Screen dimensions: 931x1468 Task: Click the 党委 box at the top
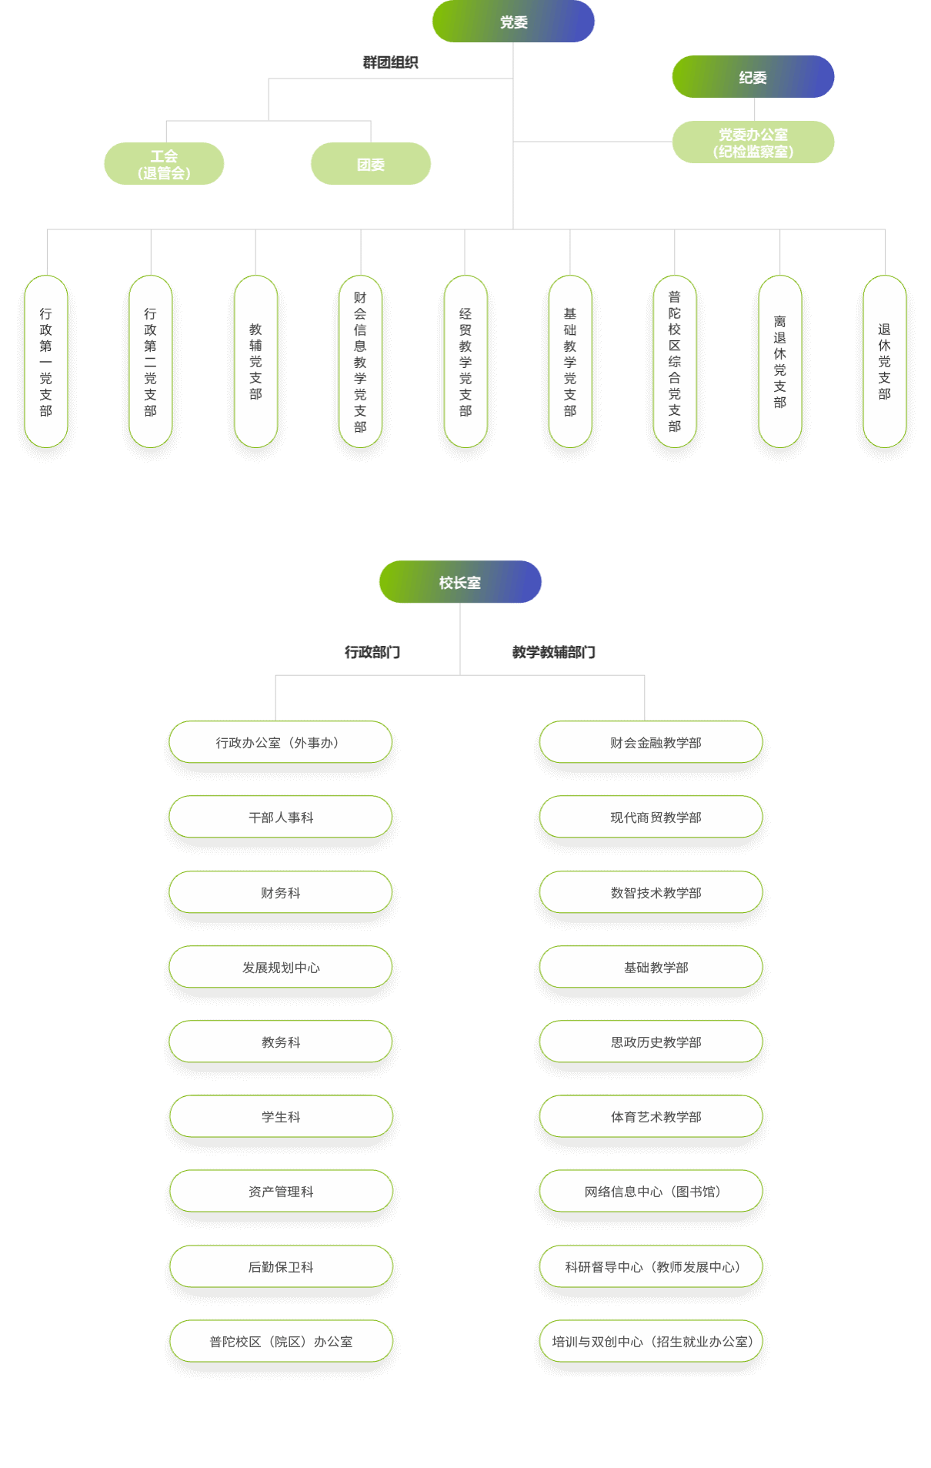pyautogui.click(x=513, y=22)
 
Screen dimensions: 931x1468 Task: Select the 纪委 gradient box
pyautogui.click(x=752, y=77)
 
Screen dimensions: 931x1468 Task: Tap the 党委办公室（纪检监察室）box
pyautogui.click(x=752, y=142)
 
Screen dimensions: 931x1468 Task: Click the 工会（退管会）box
pyautogui.click(x=164, y=164)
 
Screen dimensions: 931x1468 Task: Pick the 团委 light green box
pyautogui.click(x=370, y=164)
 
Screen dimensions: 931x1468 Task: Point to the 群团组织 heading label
pyautogui.click(x=390, y=62)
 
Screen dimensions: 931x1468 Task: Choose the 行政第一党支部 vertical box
pyautogui.click(x=46, y=362)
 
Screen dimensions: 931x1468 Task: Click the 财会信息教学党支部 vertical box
pyautogui.click(x=360, y=362)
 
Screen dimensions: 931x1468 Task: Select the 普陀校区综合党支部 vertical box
pyautogui.click(x=675, y=362)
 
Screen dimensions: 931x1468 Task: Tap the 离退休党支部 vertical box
pyautogui.click(x=780, y=362)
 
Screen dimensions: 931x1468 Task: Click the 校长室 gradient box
pyautogui.click(x=460, y=582)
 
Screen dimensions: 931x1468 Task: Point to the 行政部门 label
pyautogui.click(x=372, y=652)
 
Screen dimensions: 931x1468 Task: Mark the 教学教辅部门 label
pyautogui.click(x=554, y=652)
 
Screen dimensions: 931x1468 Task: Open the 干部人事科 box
pyautogui.click(x=281, y=817)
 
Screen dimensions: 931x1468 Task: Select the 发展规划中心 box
pyautogui.click(x=281, y=967)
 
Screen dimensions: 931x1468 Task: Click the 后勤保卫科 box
pyautogui.click(x=281, y=1266)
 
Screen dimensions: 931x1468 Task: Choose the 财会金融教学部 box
pyautogui.click(x=651, y=742)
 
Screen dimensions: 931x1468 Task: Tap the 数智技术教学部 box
pyautogui.click(x=651, y=892)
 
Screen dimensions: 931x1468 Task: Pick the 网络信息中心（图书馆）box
pyautogui.click(x=651, y=1191)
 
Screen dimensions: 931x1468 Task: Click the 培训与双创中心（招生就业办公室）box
pyautogui.click(x=651, y=1341)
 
